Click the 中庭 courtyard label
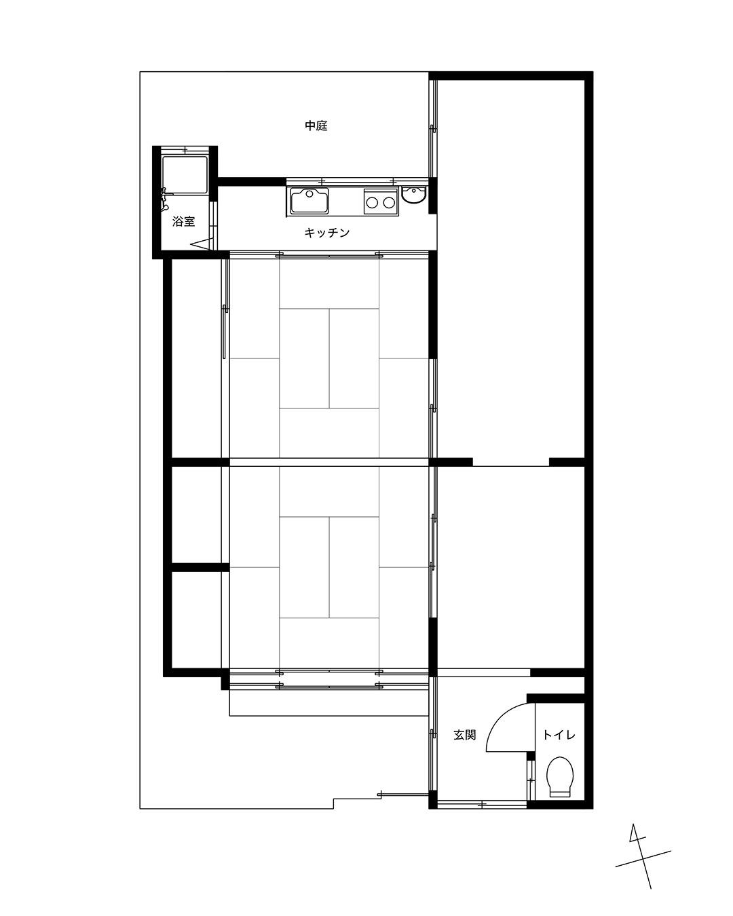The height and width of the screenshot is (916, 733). tap(316, 126)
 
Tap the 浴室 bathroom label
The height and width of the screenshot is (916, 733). tap(183, 221)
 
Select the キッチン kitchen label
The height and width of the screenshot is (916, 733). tap(326, 233)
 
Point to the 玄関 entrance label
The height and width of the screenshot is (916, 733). tap(464, 735)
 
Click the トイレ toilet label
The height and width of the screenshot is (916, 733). tap(559, 735)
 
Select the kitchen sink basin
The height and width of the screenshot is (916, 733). tap(309, 200)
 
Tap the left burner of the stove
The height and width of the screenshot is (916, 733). tap(372, 203)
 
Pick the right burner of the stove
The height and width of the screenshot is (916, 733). tap(388, 203)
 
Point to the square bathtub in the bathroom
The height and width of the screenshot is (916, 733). tap(185, 176)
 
